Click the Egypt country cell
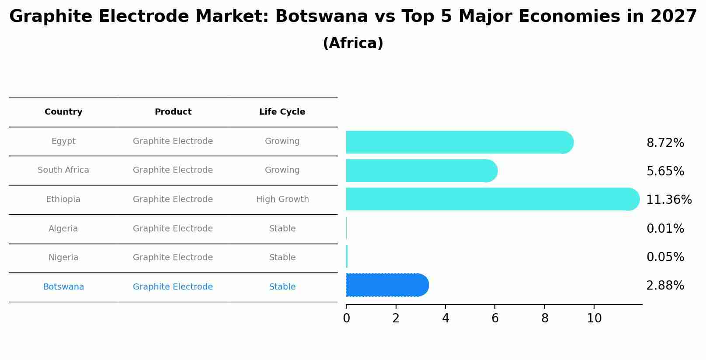pos(63,141)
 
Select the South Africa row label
pos(63,170)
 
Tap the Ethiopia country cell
pos(63,199)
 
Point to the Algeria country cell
pos(63,229)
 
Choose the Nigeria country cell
pos(63,258)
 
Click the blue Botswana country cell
pos(63,287)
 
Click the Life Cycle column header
pos(282,112)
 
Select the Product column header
pos(173,112)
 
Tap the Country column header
pos(63,112)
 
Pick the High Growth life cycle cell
pos(282,199)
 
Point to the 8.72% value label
pos(665,143)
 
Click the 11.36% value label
pos(669,200)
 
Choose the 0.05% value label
pos(665,257)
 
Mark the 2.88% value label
pos(665,286)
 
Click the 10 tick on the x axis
pos(594,318)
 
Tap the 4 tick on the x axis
pos(445,318)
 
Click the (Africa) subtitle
pos(353,43)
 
